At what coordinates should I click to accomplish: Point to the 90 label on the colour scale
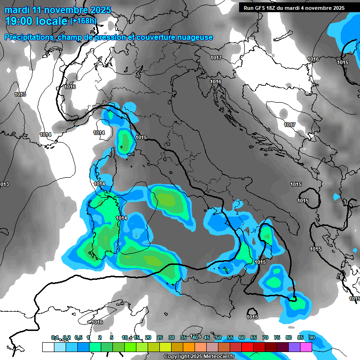point(312,337)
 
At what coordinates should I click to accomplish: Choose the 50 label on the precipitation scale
point(218,337)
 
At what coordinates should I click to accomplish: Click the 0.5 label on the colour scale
point(78,337)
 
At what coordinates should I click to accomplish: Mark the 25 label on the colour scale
point(159,337)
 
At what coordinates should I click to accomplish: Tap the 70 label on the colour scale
point(265,337)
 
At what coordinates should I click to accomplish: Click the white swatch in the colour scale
point(48,347)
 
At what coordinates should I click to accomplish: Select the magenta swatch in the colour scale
point(306,347)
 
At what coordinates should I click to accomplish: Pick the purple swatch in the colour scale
point(294,347)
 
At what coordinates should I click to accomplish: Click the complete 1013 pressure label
point(20,94)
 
